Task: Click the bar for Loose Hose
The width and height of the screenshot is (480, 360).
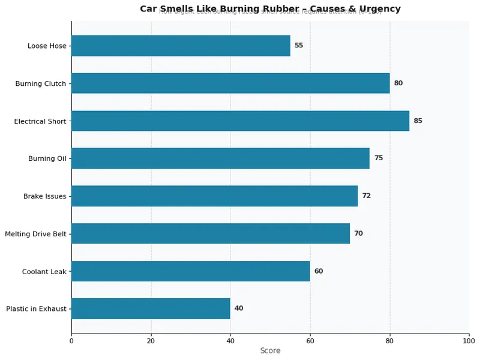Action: [181, 46]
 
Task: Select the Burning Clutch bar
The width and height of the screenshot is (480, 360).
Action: [230, 83]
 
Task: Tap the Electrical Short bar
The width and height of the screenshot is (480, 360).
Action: [240, 121]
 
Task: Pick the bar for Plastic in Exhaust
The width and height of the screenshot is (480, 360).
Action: [151, 308]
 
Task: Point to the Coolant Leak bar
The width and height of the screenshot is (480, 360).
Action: [190, 271]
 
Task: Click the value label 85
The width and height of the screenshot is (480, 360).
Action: [418, 121]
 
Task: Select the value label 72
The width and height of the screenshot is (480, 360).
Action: [366, 196]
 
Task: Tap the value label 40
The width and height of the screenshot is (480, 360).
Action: [239, 308]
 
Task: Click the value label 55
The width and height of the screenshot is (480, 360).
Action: [298, 46]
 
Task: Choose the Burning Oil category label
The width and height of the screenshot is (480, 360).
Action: [47, 158]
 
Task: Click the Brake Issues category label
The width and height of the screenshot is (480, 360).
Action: [44, 196]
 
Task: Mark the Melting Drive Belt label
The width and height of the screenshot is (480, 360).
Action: [35, 233]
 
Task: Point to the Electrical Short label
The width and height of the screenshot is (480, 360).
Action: [40, 121]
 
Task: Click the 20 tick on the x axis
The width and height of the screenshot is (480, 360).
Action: [151, 341]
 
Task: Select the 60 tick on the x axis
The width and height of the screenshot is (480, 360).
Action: [310, 341]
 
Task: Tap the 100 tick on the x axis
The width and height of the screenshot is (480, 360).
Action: [469, 341]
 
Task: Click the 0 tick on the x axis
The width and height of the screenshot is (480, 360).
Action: [71, 341]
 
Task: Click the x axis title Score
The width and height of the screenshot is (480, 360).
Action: [270, 350]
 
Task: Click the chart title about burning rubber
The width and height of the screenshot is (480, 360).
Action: [270, 8]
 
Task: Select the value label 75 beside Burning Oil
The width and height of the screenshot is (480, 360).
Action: [378, 158]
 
